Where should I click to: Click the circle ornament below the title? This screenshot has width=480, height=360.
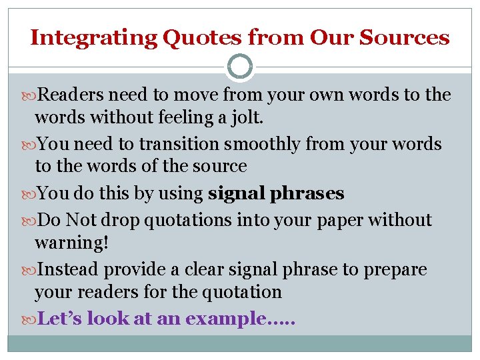(x=240, y=67)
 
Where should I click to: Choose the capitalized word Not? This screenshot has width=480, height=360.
(x=81, y=220)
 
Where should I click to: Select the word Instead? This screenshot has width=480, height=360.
(x=69, y=270)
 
